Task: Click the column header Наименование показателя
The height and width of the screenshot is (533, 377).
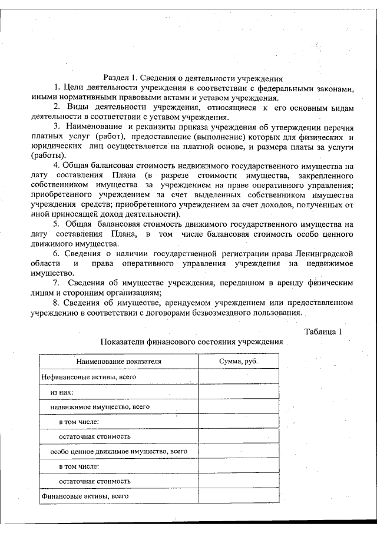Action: [x=118, y=361]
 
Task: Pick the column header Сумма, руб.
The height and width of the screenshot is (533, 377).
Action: [x=239, y=361]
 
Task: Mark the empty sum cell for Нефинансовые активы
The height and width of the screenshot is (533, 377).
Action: [x=239, y=376]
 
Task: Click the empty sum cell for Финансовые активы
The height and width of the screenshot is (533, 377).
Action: [x=239, y=496]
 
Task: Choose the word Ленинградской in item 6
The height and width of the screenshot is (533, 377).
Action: [x=325, y=253]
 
